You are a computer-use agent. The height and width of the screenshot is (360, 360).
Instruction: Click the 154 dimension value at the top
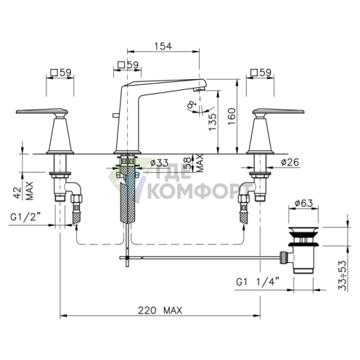coord(163,46)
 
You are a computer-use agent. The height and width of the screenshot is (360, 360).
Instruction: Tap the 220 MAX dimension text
coord(160,310)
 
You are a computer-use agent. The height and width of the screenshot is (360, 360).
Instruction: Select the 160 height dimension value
coord(232,116)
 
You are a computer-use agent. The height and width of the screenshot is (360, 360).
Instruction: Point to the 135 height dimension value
coord(213,122)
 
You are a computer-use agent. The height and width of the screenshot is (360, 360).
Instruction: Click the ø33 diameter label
coord(159,163)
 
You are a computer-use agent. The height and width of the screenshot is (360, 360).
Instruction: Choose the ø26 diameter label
coord(290,162)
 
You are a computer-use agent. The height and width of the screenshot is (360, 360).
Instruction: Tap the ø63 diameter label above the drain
coord(304,203)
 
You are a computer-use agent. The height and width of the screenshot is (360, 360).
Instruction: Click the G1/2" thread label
coord(25,217)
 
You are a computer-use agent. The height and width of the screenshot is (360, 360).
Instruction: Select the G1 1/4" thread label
coord(258,282)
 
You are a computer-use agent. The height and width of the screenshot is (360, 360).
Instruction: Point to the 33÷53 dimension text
coord(343,275)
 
